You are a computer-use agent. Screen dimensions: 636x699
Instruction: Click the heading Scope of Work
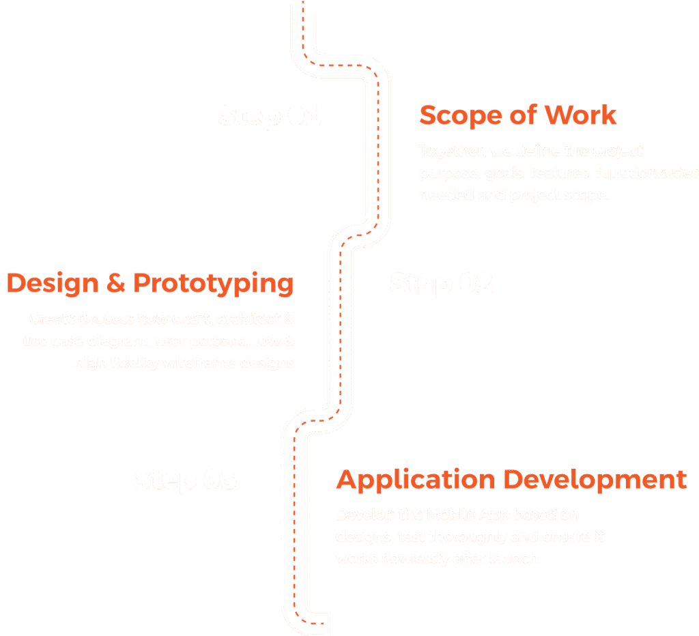pyautogui.click(x=517, y=115)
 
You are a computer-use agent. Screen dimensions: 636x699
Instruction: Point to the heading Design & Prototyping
pyautogui.click(x=151, y=283)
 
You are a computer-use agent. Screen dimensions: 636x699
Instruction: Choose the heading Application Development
pyautogui.click(x=511, y=480)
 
